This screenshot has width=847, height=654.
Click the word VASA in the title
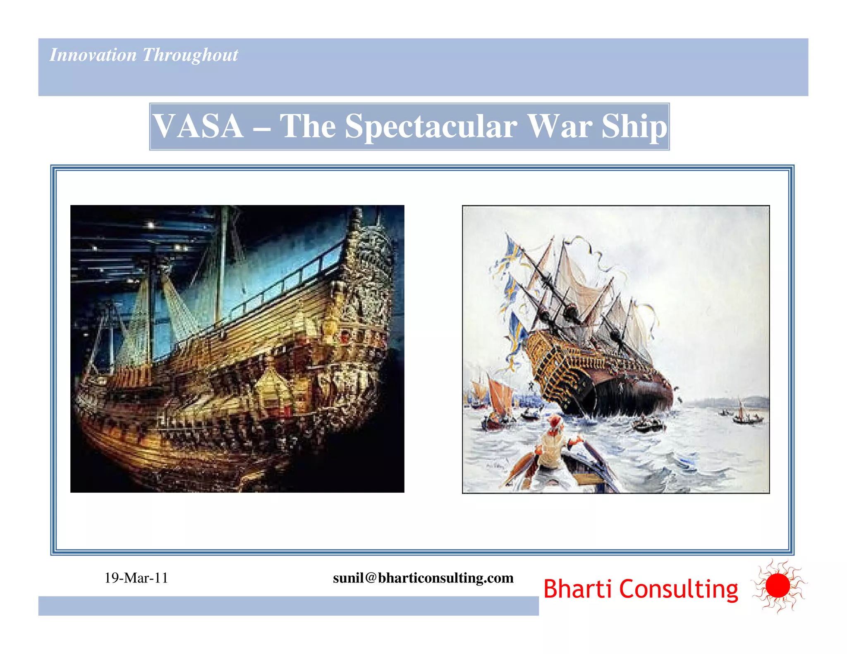pyautogui.click(x=198, y=126)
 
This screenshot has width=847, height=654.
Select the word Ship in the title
pyautogui.click(x=634, y=126)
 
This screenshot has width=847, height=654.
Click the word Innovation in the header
pyautogui.click(x=93, y=55)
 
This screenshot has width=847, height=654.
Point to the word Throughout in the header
pyautogui.click(x=190, y=55)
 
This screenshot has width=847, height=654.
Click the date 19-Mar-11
pyautogui.click(x=136, y=578)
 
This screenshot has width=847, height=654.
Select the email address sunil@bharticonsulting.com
pyautogui.click(x=423, y=578)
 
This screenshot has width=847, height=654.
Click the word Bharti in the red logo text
pyautogui.click(x=577, y=589)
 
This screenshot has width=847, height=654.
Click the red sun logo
pyautogui.click(x=778, y=586)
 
